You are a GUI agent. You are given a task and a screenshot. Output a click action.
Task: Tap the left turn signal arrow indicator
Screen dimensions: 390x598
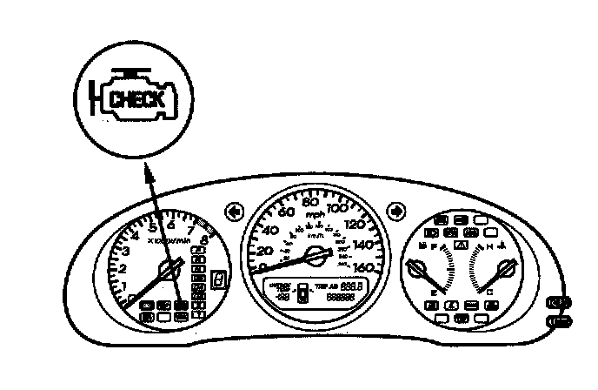(x=233, y=210)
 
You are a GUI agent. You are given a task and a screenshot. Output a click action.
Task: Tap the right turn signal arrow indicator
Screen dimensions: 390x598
(x=396, y=210)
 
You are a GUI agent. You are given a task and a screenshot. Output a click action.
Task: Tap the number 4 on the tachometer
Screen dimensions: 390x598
(x=136, y=233)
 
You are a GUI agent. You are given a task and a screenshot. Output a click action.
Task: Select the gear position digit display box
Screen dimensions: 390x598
(x=220, y=280)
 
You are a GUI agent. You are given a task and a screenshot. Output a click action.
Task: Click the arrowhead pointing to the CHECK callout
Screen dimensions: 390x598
(x=149, y=178)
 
